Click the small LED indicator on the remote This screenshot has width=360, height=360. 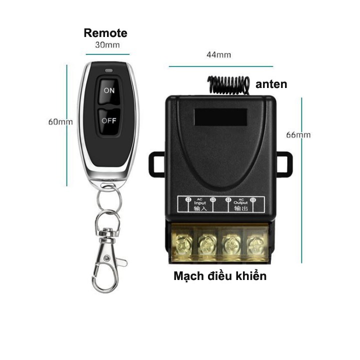tap(109, 70)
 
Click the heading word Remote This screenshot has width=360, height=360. tap(105, 33)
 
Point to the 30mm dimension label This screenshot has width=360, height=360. tap(107, 45)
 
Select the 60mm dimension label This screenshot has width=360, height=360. tap(60, 121)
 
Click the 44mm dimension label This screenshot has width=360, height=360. tap(218, 55)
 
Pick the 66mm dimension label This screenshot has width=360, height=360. tap(298, 135)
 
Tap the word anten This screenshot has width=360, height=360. tap(271, 84)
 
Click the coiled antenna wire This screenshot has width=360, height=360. tap(228, 84)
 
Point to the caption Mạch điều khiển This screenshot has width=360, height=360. tap(220, 275)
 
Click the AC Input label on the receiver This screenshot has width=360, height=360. tap(200, 204)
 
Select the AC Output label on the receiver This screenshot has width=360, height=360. tap(240, 204)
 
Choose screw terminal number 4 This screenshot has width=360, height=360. tap(256, 245)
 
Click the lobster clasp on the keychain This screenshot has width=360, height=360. tap(107, 260)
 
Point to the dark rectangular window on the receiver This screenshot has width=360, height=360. tap(220, 117)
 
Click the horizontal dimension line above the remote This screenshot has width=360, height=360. tap(107, 54)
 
